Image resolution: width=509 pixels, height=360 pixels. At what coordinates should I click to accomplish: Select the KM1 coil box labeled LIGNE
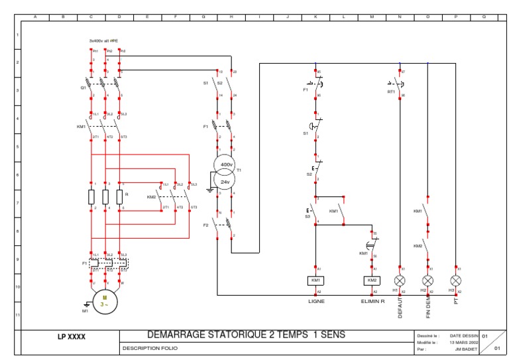315,280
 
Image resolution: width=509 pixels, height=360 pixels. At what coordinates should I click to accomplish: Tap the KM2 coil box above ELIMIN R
372,280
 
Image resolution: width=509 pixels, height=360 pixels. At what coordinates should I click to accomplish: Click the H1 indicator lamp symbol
400,280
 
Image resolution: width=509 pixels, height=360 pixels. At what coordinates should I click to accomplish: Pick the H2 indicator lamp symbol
428,280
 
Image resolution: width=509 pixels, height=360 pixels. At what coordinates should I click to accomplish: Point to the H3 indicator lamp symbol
456,280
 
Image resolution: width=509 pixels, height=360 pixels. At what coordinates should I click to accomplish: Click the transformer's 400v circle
225,164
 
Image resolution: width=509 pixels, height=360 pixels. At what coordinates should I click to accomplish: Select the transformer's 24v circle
225,182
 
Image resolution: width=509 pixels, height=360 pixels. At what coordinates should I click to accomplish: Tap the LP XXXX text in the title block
72,337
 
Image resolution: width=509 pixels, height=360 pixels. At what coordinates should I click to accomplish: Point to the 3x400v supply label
103,41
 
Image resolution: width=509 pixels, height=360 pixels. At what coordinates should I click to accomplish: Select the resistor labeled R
119,197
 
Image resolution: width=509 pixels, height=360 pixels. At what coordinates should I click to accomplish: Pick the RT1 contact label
391,92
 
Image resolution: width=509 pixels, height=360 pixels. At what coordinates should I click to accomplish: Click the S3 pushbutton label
308,216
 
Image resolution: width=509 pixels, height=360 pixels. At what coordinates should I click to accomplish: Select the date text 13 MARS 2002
463,342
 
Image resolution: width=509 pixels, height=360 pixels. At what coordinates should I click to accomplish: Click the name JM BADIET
467,348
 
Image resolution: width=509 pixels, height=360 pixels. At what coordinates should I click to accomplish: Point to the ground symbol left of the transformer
210,189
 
